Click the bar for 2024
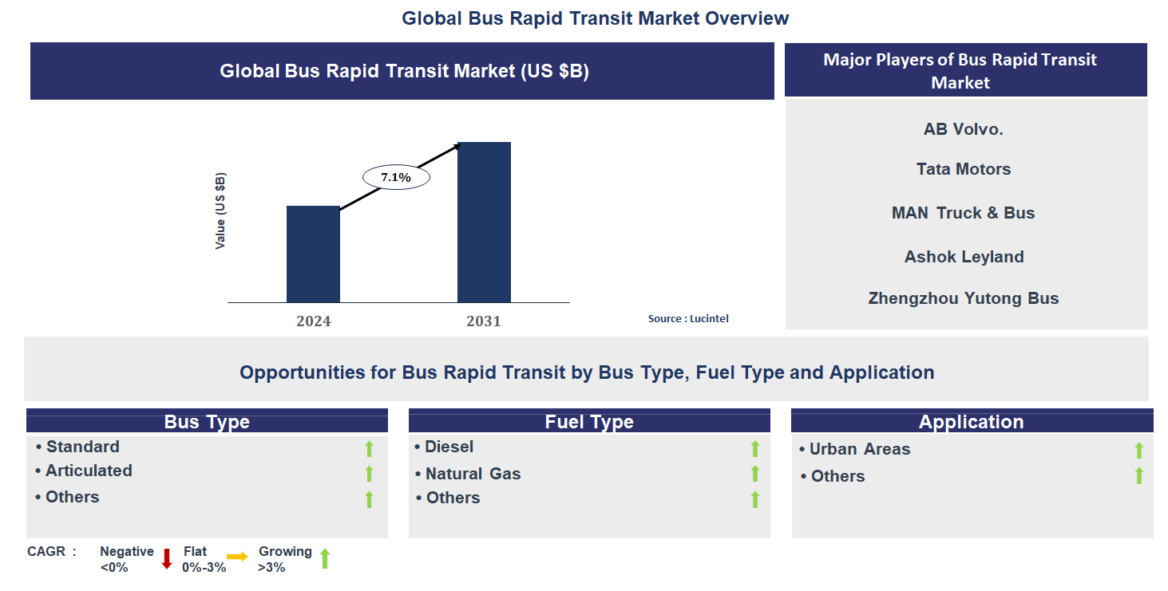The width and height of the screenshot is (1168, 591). pos(313,254)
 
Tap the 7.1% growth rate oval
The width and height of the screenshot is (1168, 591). pos(396,178)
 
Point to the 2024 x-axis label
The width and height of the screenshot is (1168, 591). pos(313,321)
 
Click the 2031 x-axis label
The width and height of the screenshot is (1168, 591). pos(484,321)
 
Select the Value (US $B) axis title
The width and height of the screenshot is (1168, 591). pos(220,211)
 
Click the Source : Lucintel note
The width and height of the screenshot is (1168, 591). pos(688,319)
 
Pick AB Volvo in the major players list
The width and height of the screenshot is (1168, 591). pos(964,129)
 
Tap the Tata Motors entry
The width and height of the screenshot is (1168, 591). pos(964,169)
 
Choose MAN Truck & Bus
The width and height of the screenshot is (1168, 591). pos(964,213)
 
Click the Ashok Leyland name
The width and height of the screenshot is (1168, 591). pos(964,257)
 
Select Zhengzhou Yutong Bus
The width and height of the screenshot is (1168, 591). pos(964,299)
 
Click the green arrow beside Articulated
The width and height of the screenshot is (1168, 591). pos(369,474)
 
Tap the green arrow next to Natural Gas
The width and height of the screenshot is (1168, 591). pos(754,474)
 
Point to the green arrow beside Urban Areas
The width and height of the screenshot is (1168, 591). pos(1139,451)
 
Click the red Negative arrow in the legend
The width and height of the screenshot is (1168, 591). pos(167,558)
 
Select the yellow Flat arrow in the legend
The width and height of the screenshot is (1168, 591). pos(237,557)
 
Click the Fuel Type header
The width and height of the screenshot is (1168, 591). pos(589,422)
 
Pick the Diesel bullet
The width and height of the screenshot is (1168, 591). pos(449,447)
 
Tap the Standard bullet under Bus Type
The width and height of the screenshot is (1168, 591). pos(82,447)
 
